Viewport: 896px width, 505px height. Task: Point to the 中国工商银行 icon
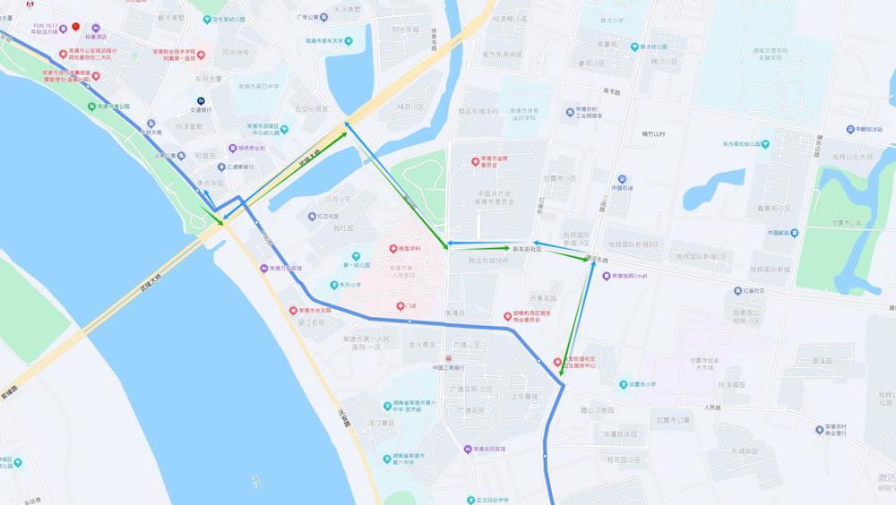pyautogui.click(x=449, y=358)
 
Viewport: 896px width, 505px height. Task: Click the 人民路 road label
pyautogui.click(x=711, y=407)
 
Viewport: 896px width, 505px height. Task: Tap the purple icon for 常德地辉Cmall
pyautogui.click(x=606, y=276)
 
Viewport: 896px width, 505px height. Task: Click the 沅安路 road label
pyautogui.click(x=343, y=416)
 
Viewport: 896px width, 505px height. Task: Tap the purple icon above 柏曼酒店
pyautogui.click(x=96, y=28)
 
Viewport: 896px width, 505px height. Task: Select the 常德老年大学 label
pyautogui.click(x=332, y=40)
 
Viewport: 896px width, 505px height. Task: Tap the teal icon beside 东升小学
pyautogui.click(x=332, y=285)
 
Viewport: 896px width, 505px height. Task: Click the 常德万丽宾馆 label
pyautogui.click(x=286, y=268)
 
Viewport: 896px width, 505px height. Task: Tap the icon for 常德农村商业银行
pyautogui.click(x=819, y=431)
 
